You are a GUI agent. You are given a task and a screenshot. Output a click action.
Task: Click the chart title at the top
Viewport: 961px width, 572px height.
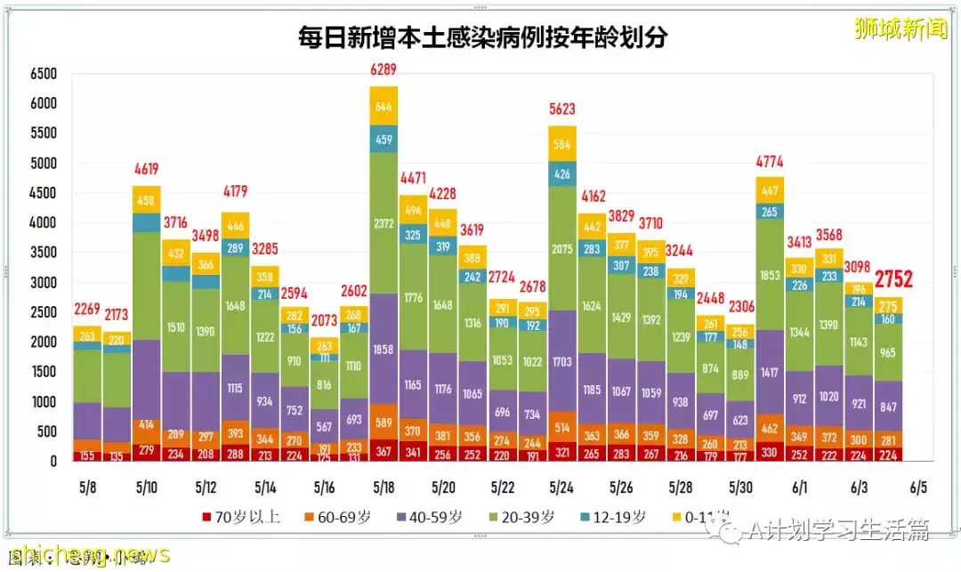[x=483, y=37]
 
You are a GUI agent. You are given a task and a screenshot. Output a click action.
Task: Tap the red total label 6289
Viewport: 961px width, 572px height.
[x=384, y=69]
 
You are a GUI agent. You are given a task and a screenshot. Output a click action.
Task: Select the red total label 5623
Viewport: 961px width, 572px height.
[x=562, y=110]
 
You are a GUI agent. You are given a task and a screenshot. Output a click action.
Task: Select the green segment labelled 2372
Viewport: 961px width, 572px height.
[x=384, y=223]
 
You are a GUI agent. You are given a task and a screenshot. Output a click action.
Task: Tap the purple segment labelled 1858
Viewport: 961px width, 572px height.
[x=384, y=349]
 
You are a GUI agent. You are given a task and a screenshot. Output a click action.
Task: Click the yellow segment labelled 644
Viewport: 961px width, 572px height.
[x=384, y=107]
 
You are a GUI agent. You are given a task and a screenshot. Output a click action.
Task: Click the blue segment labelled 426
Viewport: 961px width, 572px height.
[x=562, y=173]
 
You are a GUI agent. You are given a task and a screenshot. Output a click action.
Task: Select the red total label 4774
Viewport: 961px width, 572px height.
[x=770, y=162]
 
